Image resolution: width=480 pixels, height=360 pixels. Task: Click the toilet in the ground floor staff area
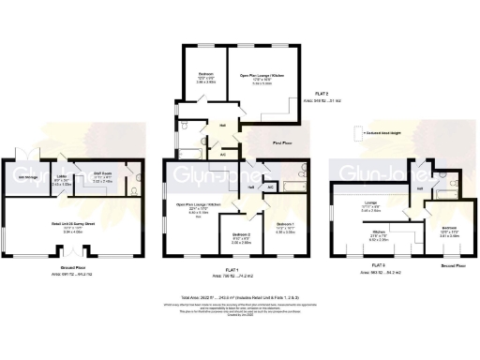point(137,185)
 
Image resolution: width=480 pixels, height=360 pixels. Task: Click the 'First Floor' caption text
point(279,143)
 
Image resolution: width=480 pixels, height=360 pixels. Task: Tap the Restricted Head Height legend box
point(355,134)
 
